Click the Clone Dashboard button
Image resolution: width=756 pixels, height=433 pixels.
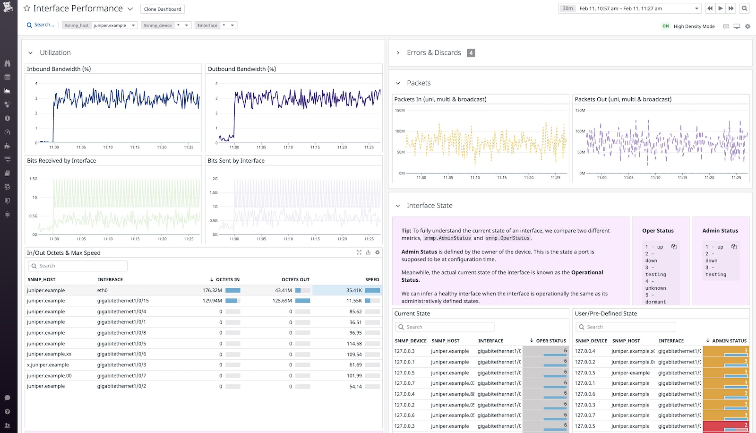point(163,9)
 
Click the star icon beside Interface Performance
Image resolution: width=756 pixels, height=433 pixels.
point(27,9)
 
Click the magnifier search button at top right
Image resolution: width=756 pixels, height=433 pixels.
point(744,9)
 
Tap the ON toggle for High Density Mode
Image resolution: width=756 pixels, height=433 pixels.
point(665,26)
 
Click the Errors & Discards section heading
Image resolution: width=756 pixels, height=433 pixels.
point(433,53)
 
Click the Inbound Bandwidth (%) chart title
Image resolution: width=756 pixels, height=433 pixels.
point(59,69)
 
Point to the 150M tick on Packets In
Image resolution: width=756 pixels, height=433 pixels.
point(400,111)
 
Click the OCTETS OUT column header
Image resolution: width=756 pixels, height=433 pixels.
point(295,280)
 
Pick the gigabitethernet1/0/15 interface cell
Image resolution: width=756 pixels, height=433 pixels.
point(123,301)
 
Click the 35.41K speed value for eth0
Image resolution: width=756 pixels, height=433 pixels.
point(354,290)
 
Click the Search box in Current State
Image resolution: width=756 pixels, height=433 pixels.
point(444,327)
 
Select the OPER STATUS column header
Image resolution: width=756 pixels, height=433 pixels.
point(550,341)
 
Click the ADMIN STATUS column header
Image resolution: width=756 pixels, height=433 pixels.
point(729,341)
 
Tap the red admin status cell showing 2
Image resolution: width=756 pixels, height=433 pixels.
point(725,426)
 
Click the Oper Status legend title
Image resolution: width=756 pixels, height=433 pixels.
point(658,231)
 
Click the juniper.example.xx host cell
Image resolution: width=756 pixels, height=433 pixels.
point(49,354)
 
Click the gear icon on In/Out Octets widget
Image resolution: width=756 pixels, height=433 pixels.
point(377,252)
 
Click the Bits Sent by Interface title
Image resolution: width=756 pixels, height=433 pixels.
point(236,161)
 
